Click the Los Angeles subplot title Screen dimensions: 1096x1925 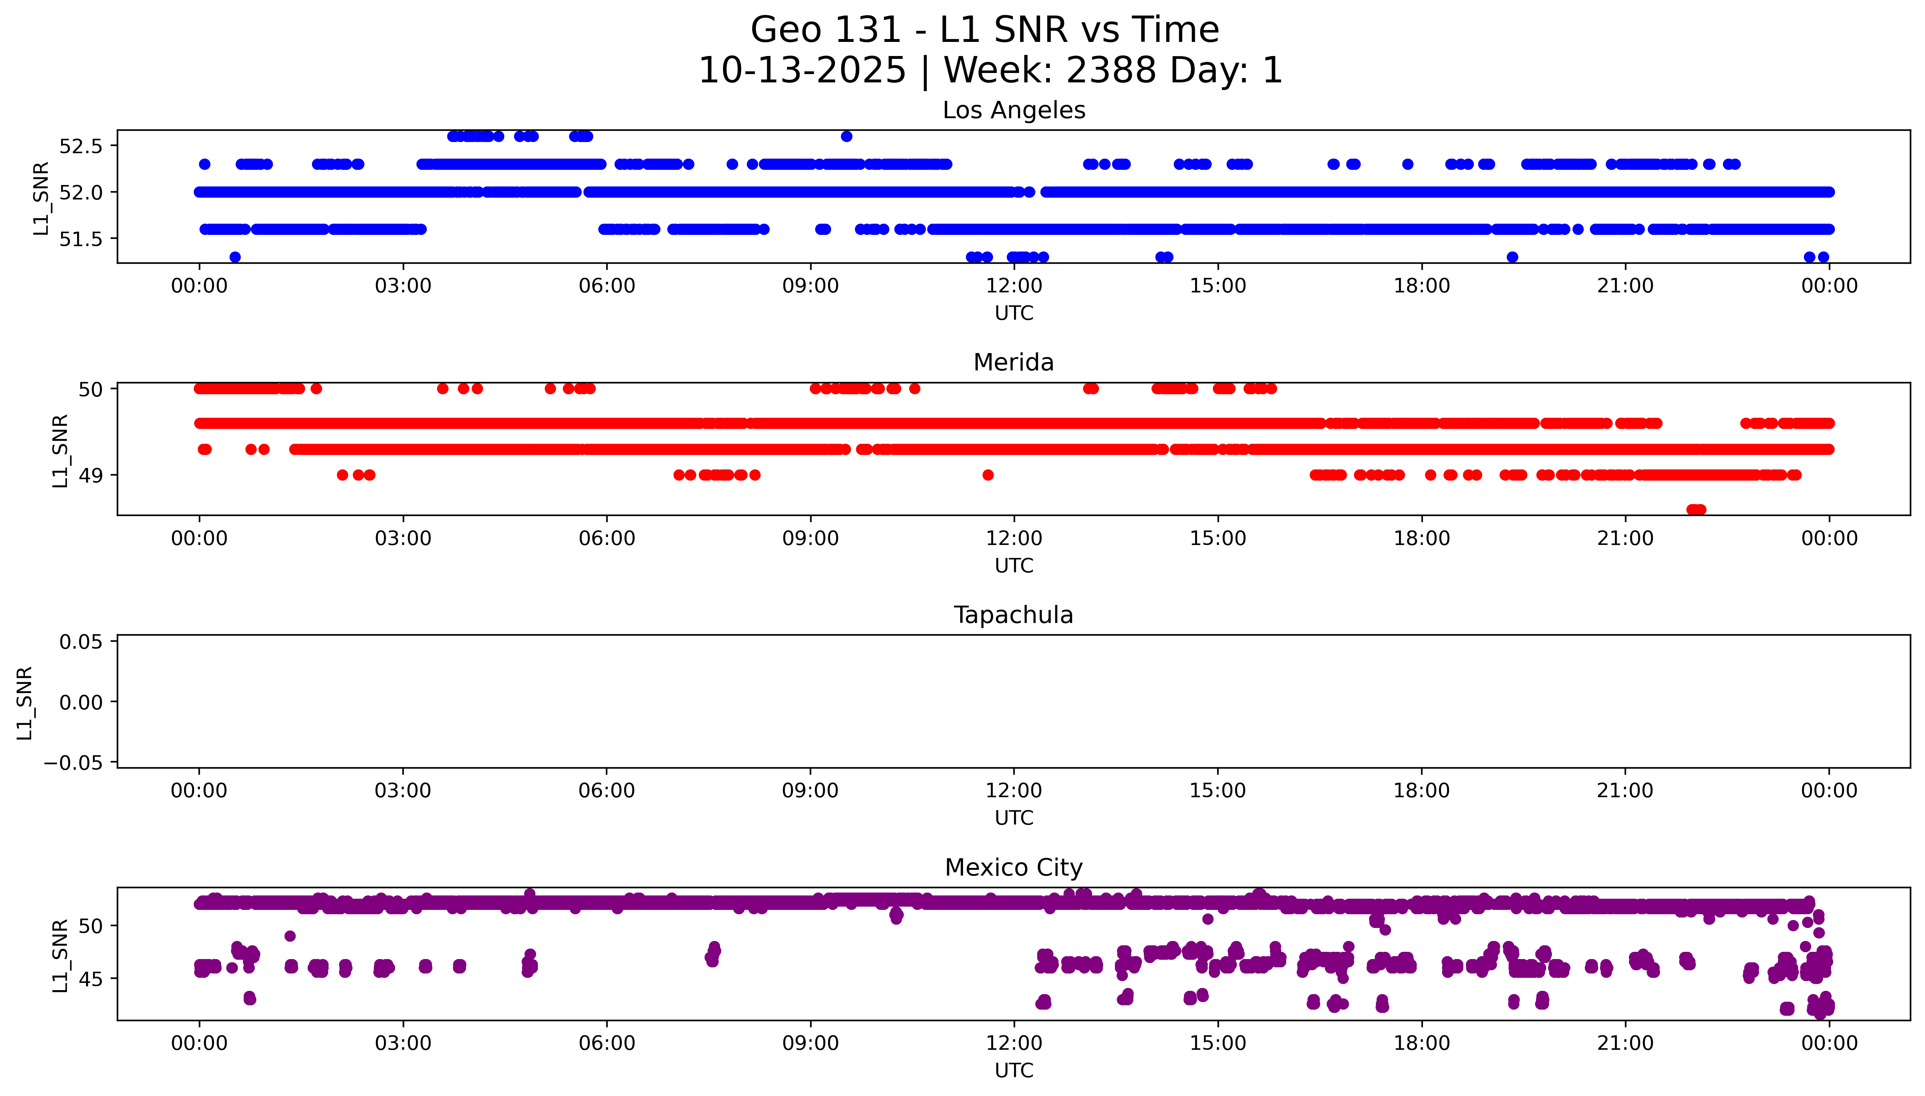click(x=1013, y=111)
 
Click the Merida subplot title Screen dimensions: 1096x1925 click(x=1013, y=363)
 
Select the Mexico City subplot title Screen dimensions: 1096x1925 click(x=1013, y=868)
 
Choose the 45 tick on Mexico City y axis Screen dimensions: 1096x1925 click(x=90, y=979)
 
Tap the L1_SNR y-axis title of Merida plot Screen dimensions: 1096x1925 click(x=60, y=450)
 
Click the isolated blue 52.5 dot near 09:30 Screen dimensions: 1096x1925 click(x=846, y=136)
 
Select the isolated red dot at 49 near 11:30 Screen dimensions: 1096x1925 click(x=988, y=475)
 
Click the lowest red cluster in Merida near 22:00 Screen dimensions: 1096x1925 click(x=1696, y=510)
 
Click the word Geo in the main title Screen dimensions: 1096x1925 click(x=787, y=30)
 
